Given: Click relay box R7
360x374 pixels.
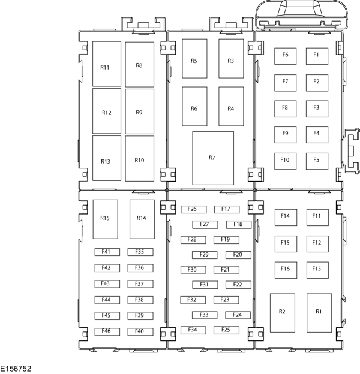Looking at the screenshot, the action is tap(213, 158).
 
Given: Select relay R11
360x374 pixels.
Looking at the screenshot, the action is tap(107, 64).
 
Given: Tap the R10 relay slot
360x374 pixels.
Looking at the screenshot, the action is tap(140, 158).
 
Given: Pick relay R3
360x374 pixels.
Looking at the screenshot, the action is tap(231, 59).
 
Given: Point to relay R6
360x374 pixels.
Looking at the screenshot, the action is tap(194, 106).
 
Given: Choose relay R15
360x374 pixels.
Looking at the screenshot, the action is tap(105, 219).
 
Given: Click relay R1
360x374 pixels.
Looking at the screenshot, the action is tap(319, 313).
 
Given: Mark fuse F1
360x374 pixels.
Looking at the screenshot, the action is tap(317, 56).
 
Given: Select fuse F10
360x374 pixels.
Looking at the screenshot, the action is tap(285, 161).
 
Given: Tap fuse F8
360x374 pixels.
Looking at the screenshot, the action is tap(285, 108).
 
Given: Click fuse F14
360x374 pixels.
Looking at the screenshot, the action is tap(286, 218).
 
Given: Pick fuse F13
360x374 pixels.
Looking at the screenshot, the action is tap(317, 270).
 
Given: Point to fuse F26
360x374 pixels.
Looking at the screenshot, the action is tap(194, 209).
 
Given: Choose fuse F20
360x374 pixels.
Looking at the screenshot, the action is tap(238, 255).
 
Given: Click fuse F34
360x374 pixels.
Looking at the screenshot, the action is tap(193, 330).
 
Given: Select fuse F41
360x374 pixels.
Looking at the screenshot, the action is tap(107, 252).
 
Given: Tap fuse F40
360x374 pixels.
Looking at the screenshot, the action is tap(140, 332).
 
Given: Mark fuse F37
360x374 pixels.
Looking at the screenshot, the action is tap(140, 284).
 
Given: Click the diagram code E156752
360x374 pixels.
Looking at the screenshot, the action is tap(16, 369).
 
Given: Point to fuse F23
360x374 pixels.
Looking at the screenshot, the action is tap(226, 300).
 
